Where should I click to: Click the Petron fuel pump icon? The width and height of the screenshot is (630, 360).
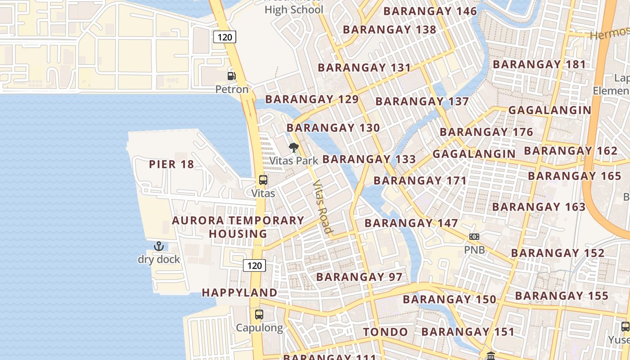231,76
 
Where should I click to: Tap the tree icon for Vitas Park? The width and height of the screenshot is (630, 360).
293,147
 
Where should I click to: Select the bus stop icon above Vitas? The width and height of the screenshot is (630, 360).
263,180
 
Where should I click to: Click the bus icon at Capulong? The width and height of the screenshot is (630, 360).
259,315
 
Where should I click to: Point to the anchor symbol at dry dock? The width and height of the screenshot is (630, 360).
158,246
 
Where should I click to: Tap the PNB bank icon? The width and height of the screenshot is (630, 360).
474,237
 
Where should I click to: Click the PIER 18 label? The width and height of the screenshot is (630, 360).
171,164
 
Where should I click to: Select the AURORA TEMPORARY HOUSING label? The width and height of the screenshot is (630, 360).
238,227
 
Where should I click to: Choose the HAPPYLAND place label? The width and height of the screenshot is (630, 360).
239,292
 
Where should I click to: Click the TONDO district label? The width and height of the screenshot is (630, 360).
386,332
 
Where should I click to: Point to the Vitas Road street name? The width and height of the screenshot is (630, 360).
322,207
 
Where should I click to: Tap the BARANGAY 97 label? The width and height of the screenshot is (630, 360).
359,277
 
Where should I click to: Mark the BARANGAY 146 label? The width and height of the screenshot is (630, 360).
430,11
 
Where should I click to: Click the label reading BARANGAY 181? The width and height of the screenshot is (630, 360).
539,64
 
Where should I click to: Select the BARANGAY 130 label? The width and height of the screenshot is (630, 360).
333,128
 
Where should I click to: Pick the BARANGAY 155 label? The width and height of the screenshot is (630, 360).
562,296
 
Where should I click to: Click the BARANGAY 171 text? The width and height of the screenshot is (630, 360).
420,180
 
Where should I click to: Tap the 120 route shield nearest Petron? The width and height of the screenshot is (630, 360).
225,37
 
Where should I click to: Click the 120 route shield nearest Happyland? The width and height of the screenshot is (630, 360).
254,265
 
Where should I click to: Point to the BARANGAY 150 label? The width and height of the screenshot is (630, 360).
449,299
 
